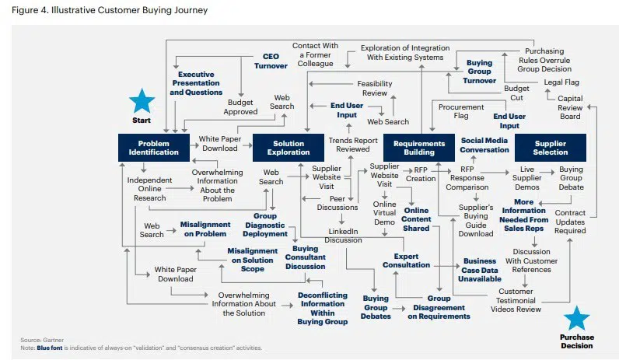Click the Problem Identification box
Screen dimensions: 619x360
(153, 148)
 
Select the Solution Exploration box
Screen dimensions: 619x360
(289, 148)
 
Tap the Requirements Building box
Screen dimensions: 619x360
(419, 148)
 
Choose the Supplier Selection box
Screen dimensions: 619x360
(551, 148)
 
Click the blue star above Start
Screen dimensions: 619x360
(142, 101)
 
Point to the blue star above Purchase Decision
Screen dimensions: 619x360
(577, 318)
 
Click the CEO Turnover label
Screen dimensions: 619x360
(271, 61)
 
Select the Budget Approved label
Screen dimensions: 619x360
(240, 107)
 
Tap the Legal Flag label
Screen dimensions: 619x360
(561, 82)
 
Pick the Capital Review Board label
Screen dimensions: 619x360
(570, 107)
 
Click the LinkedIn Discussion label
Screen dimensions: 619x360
(343, 236)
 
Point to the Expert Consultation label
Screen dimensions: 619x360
(406, 260)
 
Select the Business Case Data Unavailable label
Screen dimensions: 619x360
(480, 270)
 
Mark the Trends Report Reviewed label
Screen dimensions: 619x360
(353, 145)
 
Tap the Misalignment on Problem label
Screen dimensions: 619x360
(205, 229)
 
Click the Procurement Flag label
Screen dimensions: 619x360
(461, 111)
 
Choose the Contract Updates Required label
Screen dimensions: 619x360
(570, 222)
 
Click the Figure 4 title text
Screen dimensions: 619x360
(110, 10)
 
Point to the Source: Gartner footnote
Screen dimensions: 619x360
(42, 340)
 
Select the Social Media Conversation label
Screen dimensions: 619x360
(484, 145)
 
